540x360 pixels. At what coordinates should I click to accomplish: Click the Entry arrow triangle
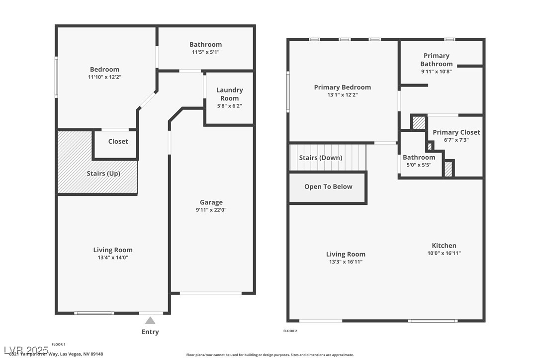tap(150, 321)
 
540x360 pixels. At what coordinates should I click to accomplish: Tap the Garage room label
tap(211, 202)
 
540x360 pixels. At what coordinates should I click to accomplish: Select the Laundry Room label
tap(229, 94)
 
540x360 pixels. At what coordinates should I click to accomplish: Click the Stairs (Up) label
tap(102, 174)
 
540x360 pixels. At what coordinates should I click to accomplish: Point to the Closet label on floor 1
tap(118, 142)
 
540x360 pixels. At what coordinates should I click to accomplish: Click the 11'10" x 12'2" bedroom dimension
tap(104, 77)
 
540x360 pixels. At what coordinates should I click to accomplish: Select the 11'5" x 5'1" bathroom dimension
tap(205, 52)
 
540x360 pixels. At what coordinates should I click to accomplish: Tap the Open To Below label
tap(328, 187)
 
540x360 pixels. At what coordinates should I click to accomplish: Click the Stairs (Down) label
tap(320, 158)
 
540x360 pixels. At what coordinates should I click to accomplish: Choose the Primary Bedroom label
tap(342, 88)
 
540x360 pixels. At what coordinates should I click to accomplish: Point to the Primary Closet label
tap(456, 132)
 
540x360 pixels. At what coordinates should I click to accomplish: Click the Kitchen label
tap(444, 246)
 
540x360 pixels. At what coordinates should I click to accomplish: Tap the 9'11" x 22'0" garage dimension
tap(211, 210)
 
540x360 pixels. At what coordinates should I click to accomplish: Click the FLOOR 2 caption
tap(290, 331)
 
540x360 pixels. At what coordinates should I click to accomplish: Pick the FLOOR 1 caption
tap(58, 344)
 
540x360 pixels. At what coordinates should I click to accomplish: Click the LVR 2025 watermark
tap(26, 350)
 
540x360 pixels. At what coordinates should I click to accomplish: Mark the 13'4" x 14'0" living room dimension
tap(113, 258)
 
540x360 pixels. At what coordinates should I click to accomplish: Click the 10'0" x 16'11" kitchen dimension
tap(444, 253)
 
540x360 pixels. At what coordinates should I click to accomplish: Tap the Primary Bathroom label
tap(436, 60)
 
